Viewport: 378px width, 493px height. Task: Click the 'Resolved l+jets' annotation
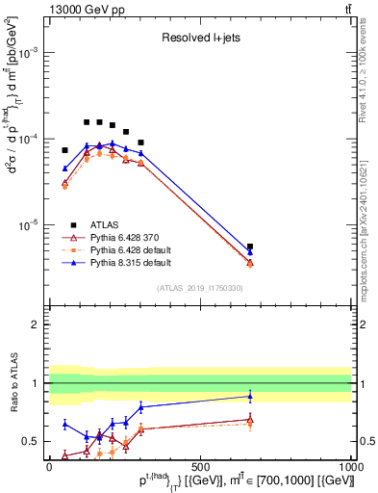pos(199,39)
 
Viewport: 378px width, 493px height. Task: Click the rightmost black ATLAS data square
pos(250,246)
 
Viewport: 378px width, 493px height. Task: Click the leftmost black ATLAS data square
pos(64,150)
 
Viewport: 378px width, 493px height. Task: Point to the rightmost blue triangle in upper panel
pos(250,252)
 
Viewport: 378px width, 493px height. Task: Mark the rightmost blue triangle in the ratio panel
pos(250,396)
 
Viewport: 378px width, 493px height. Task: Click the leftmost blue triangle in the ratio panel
pos(64,424)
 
